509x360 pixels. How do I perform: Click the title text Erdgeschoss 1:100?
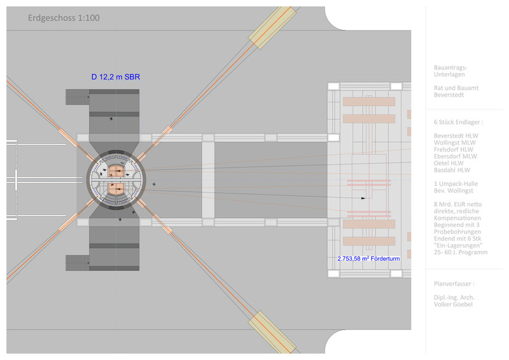click(x=64, y=18)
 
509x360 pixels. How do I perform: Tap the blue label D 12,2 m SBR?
click(x=116, y=77)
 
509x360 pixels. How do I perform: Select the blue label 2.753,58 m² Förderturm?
click(x=368, y=258)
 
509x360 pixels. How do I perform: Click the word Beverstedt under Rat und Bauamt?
click(x=449, y=95)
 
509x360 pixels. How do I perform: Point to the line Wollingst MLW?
click(x=455, y=142)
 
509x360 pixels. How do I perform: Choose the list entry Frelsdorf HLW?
click(x=454, y=149)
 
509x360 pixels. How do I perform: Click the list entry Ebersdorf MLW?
click(x=456, y=156)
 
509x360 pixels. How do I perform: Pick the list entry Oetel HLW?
click(x=449, y=163)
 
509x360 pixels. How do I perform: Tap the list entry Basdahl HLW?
click(x=452, y=170)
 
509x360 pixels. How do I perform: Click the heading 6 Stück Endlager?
click(x=458, y=122)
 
